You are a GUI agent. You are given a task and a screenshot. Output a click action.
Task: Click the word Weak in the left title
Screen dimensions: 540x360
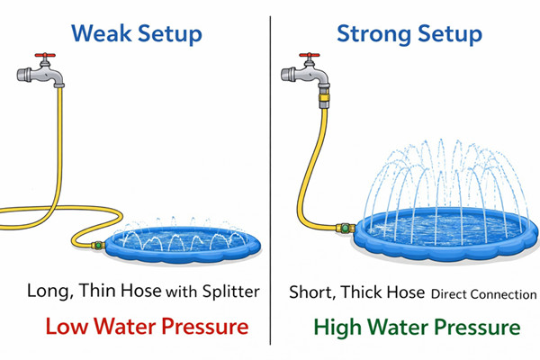click(102, 33)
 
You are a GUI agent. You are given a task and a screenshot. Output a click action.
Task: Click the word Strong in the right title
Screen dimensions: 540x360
click(374, 34)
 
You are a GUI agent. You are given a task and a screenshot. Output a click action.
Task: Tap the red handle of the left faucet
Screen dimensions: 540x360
click(45, 55)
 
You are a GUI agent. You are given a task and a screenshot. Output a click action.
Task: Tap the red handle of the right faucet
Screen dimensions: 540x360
click(310, 55)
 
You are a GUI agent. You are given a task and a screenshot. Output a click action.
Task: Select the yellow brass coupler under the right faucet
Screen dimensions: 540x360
click(324, 97)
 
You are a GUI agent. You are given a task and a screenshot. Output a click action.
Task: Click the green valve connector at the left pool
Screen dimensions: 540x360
click(98, 246)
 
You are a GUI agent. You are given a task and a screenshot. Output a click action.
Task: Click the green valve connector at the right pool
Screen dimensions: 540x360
click(346, 228)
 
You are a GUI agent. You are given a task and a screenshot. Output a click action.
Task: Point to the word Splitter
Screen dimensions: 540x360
click(230, 292)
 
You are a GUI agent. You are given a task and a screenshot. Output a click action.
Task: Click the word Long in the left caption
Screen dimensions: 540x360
click(49, 292)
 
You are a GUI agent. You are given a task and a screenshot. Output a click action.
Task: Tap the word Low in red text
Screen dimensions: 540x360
click(67, 326)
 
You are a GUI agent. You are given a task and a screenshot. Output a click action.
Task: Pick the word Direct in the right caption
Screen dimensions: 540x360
click(449, 294)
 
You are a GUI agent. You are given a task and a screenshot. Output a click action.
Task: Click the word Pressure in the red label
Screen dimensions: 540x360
click(205, 326)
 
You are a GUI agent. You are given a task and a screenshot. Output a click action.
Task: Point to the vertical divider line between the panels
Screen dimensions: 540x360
click(270, 180)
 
